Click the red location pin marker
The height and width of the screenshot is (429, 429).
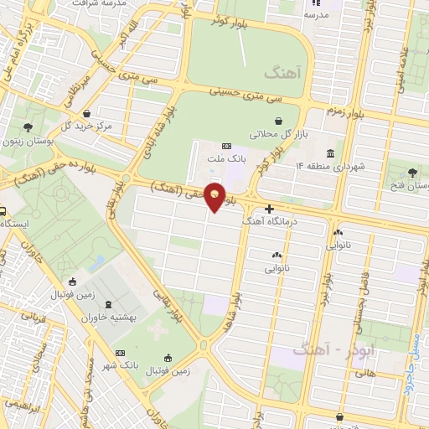(215, 196)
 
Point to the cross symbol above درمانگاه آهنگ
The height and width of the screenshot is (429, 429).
(268, 209)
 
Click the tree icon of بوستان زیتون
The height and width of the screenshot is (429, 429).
(28, 128)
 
